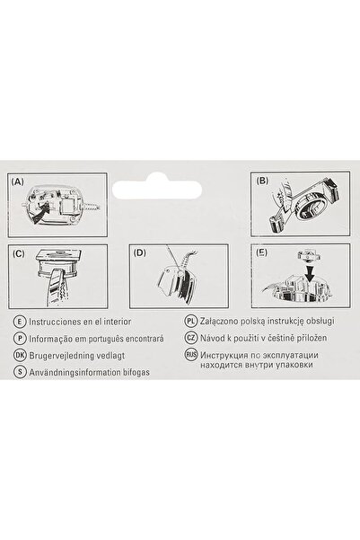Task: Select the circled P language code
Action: pos(20,339)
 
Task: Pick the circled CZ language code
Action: pos(191,339)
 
